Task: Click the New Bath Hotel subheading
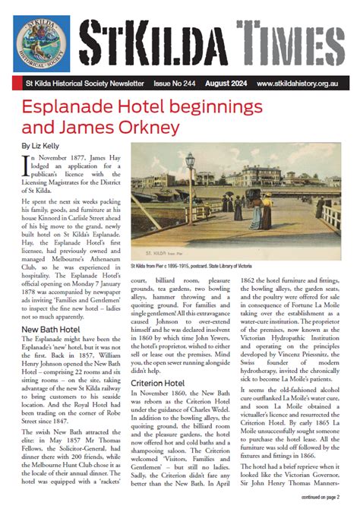click(52, 307)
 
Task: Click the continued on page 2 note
click(320, 496)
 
